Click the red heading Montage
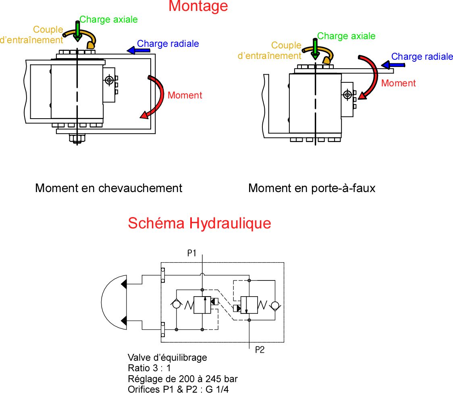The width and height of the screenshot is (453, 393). pos(198,6)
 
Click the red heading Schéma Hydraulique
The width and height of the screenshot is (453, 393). pos(199,223)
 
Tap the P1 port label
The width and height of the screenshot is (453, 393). pos(191,253)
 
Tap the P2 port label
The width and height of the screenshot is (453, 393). pos(260,350)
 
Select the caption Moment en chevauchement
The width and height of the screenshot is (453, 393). pos(108,188)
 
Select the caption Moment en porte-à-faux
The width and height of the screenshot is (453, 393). pos(312,188)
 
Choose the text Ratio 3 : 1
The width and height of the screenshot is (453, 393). pos(149,368)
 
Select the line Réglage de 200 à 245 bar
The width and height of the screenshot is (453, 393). pos(182,379)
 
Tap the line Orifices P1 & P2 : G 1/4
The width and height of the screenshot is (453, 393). pos(179,389)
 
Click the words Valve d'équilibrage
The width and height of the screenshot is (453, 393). pos(167,357)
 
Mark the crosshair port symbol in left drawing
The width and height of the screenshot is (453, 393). pos(109,80)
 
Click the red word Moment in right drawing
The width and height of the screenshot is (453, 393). pos(398,84)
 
